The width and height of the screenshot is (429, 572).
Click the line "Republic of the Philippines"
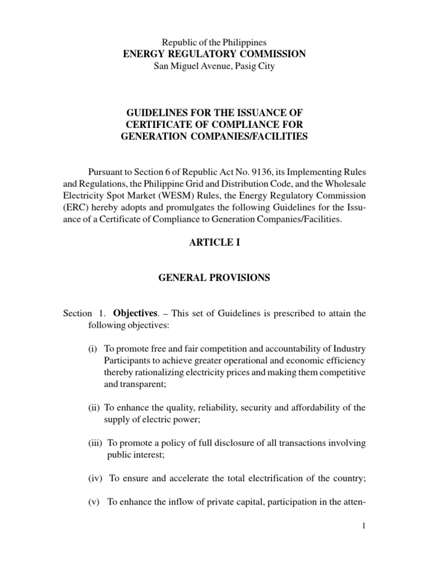214,42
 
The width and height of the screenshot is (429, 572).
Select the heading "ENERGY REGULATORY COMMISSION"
214,54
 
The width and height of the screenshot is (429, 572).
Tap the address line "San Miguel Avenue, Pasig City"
214,66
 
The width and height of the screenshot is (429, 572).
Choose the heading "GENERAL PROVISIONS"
214,278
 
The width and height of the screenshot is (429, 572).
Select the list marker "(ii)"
93,408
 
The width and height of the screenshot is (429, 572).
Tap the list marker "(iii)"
95,443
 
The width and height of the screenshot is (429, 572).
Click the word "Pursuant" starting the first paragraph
105,171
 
